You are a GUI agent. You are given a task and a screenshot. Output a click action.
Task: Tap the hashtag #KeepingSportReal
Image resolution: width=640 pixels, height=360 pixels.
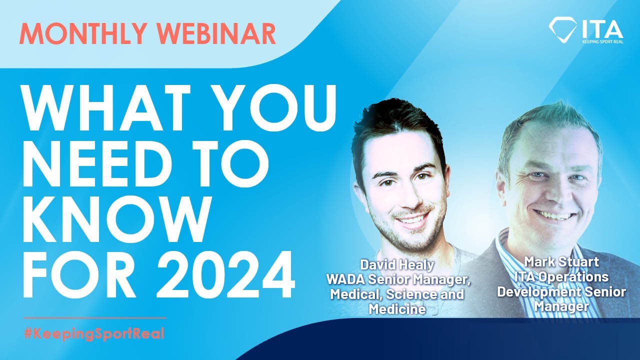(94, 333)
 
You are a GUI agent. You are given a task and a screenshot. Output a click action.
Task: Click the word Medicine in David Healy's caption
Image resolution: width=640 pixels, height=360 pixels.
(397, 309)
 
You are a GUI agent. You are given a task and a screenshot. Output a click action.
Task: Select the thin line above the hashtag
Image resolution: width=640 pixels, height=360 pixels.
(94, 317)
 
